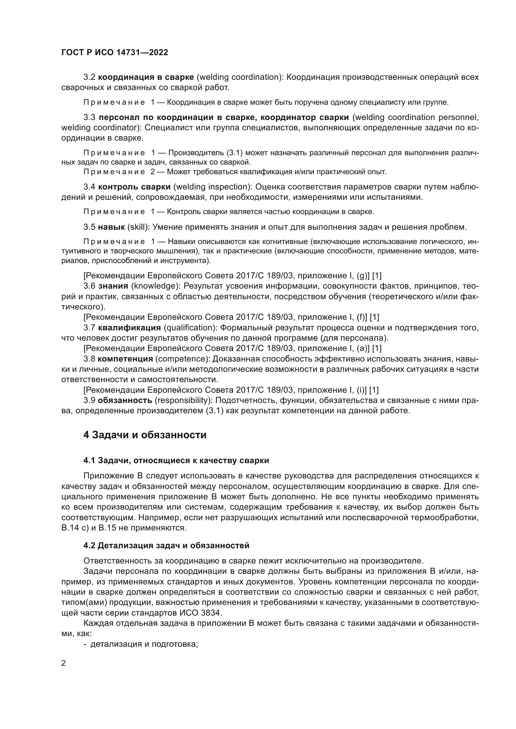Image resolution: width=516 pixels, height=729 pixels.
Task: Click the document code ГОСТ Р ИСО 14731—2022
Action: click(114, 53)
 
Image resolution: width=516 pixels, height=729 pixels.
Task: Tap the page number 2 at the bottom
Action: click(64, 663)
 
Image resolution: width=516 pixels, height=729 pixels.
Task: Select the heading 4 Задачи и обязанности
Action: click(144, 435)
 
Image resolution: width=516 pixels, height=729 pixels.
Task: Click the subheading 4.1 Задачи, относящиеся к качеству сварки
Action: click(176, 460)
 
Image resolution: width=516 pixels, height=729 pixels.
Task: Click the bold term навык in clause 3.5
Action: click(111, 227)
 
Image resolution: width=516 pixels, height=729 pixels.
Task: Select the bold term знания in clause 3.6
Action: click(113, 286)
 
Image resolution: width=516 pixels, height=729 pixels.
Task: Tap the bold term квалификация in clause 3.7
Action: click(129, 327)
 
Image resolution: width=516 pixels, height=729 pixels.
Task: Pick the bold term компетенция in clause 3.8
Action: click(125, 359)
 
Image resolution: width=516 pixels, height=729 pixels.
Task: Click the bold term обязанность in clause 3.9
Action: click(125, 400)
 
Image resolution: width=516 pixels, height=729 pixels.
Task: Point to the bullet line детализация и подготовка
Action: click(144, 644)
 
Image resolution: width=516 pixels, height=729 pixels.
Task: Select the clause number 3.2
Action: click(89, 77)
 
